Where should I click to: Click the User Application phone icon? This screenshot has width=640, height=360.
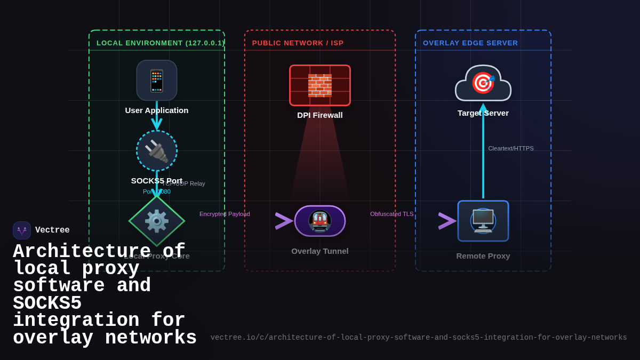(157, 81)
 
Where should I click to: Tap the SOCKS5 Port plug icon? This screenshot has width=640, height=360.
(157, 151)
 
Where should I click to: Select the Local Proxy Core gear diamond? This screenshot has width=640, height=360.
(157, 221)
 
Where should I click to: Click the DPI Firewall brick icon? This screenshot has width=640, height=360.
(320, 85)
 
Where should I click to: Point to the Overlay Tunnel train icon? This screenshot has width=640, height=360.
(320, 221)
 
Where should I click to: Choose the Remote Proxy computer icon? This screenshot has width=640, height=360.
(483, 221)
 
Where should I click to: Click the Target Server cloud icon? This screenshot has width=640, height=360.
(483, 84)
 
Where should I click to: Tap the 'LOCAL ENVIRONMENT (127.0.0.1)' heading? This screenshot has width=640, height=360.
(160, 43)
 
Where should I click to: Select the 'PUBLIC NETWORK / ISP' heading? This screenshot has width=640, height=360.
(298, 43)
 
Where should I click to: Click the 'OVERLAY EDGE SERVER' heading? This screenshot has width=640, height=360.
(470, 43)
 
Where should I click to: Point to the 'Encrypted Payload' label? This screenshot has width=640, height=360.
(225, 214)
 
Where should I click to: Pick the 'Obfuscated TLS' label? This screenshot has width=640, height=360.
(392, 214)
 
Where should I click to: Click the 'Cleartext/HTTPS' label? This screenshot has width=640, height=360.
(511, 148)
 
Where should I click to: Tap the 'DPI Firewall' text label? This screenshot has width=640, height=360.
(320, 115)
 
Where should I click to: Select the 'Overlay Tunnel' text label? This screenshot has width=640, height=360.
(320, 251)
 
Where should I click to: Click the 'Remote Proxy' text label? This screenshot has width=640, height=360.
(483, 256)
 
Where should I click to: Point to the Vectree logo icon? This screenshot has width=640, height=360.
(22, 230)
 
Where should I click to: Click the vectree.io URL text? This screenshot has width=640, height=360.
(419, 338)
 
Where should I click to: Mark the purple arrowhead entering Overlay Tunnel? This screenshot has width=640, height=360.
(284, 221)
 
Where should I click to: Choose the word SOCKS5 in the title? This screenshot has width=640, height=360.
(47, 303)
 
